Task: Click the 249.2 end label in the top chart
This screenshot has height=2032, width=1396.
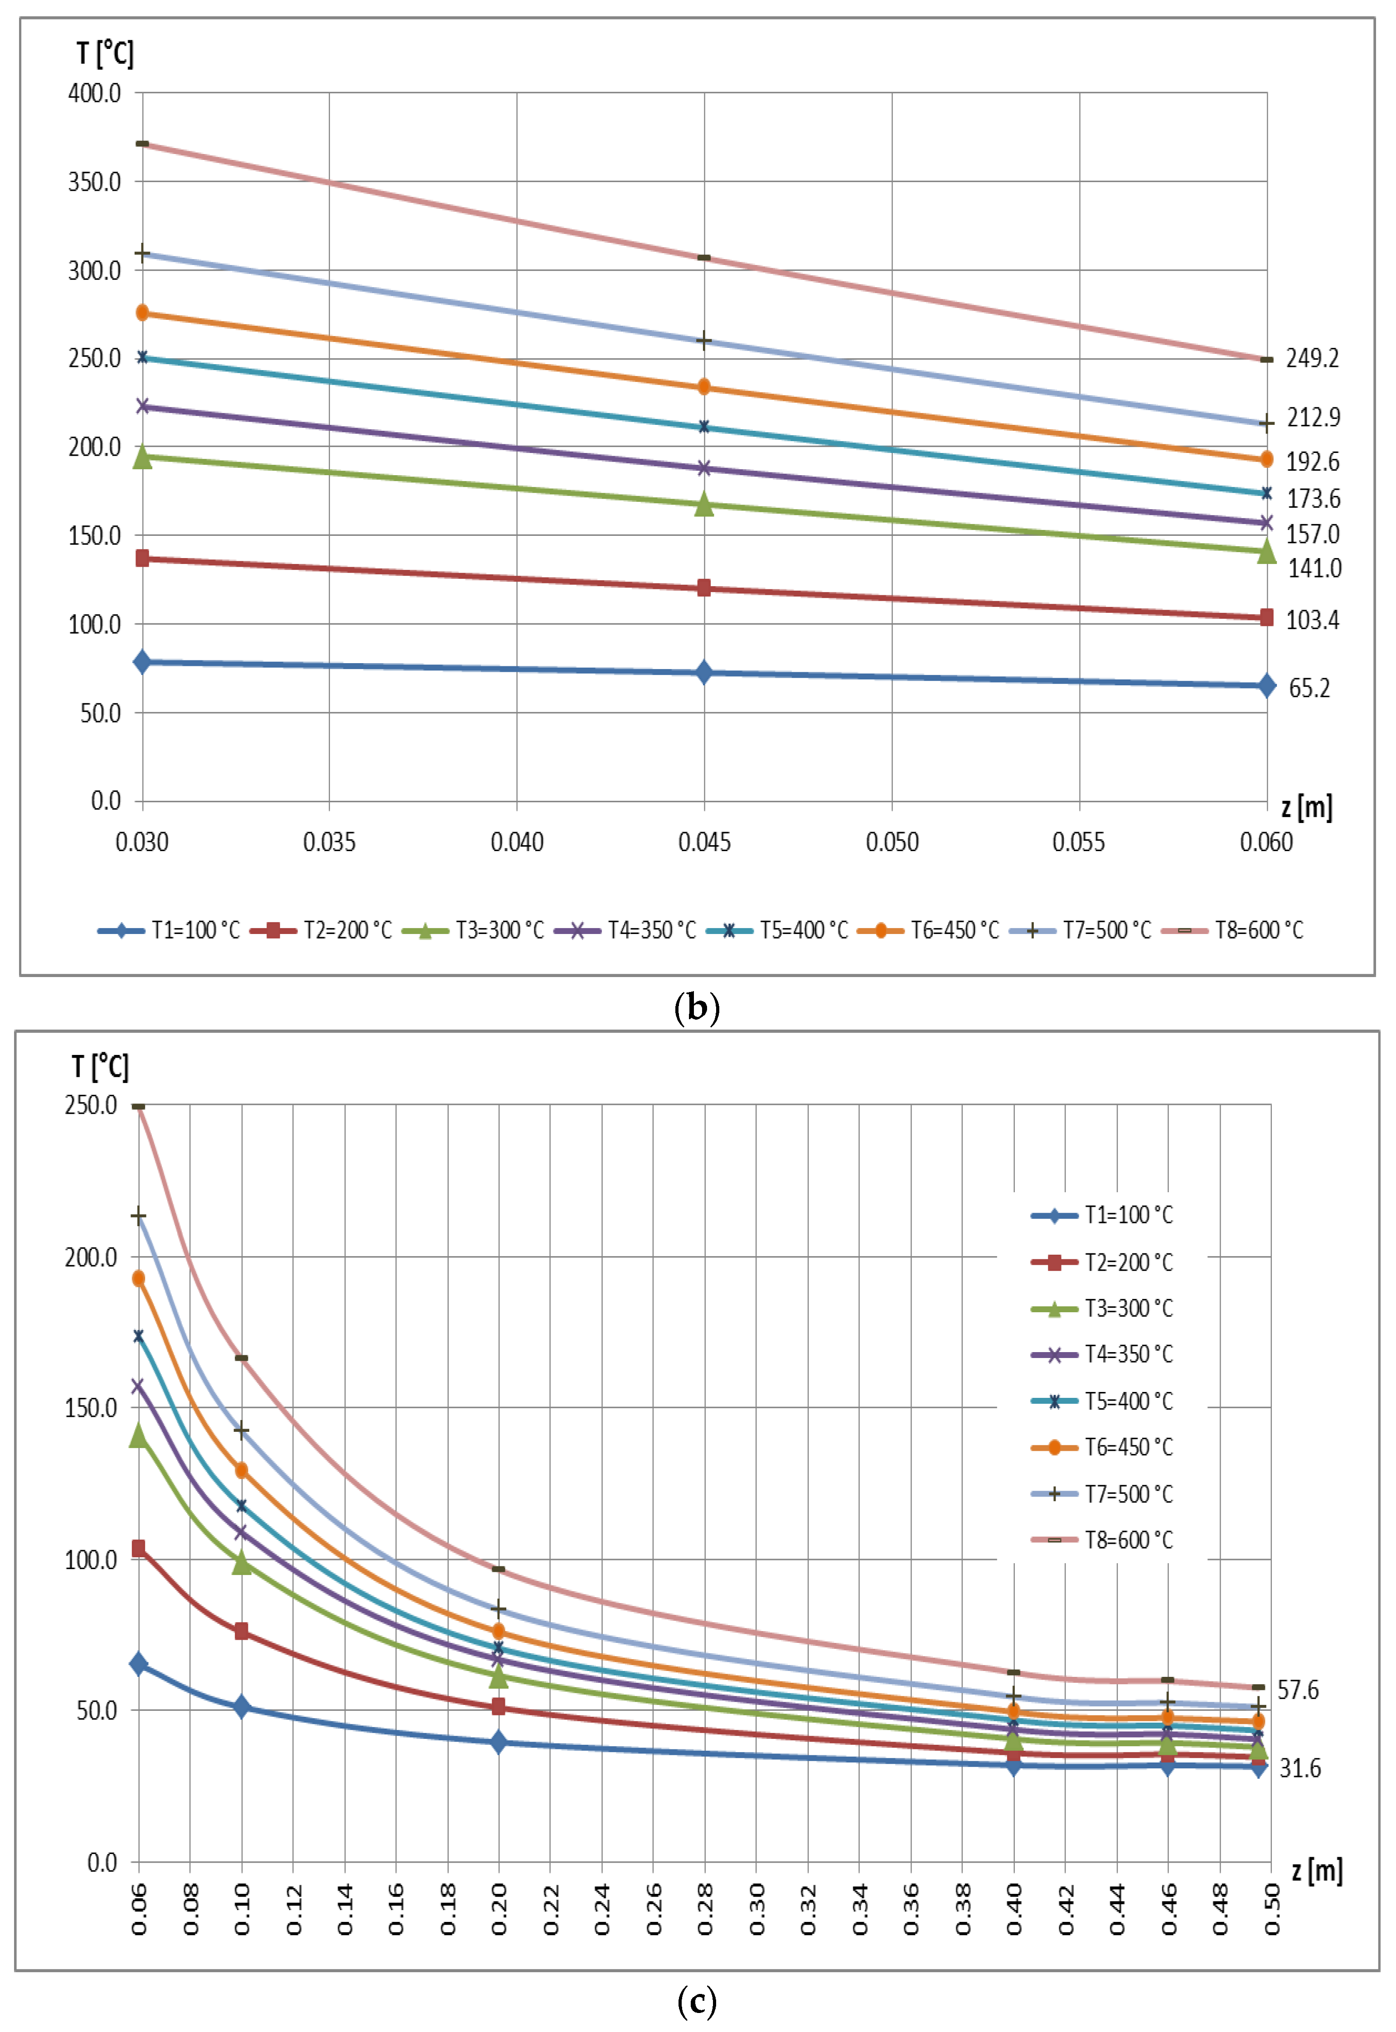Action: click(1311, 358)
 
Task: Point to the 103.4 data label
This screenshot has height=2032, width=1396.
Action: click(1311, 620)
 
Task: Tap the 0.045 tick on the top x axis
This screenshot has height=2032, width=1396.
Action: click(704, 842)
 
